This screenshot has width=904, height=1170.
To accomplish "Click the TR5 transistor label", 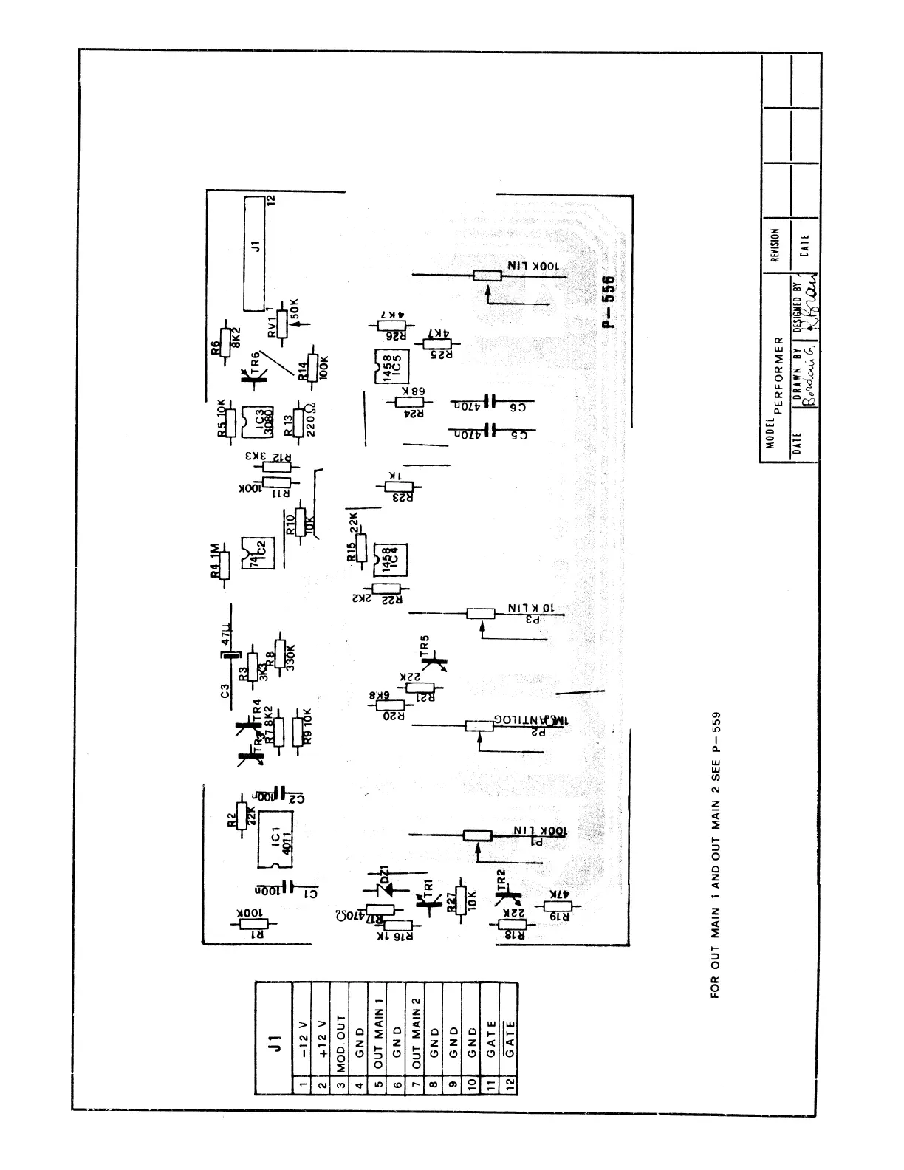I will pos(425,646).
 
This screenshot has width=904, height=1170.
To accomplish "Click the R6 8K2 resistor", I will pos(228,343).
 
